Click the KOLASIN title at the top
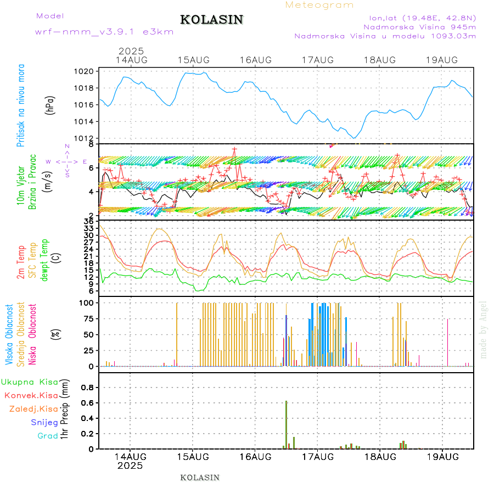211,20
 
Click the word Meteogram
319,5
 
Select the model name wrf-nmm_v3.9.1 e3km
104,32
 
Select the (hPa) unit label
50,104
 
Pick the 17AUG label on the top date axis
318,60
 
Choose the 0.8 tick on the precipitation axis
88,387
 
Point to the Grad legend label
47,436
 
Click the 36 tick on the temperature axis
88,221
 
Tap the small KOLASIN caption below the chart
200,478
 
